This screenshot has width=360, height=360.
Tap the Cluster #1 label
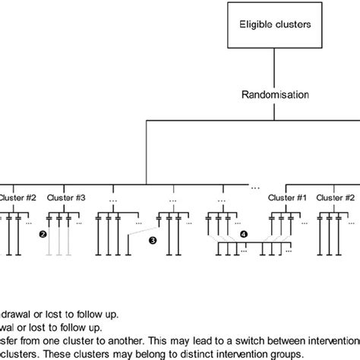tap(285, 197)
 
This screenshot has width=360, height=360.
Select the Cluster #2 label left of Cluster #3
tap(15, 197)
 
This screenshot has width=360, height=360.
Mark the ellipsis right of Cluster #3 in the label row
tap(114, 199)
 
